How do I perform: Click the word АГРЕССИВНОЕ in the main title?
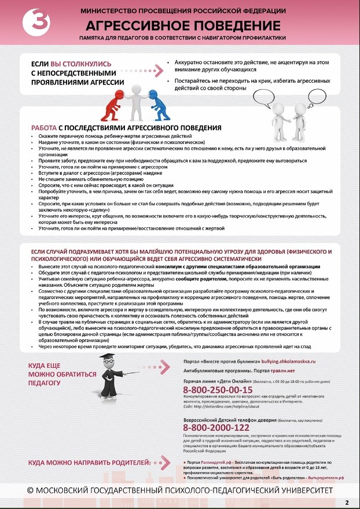click(x=137, y=26)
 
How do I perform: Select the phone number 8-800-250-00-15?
click(x=218, y=390)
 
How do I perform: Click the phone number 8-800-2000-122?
click(x=216, y=427)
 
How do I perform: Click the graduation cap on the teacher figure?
click(x=106, y=358)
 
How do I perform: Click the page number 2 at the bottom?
click(x=347, y=501)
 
